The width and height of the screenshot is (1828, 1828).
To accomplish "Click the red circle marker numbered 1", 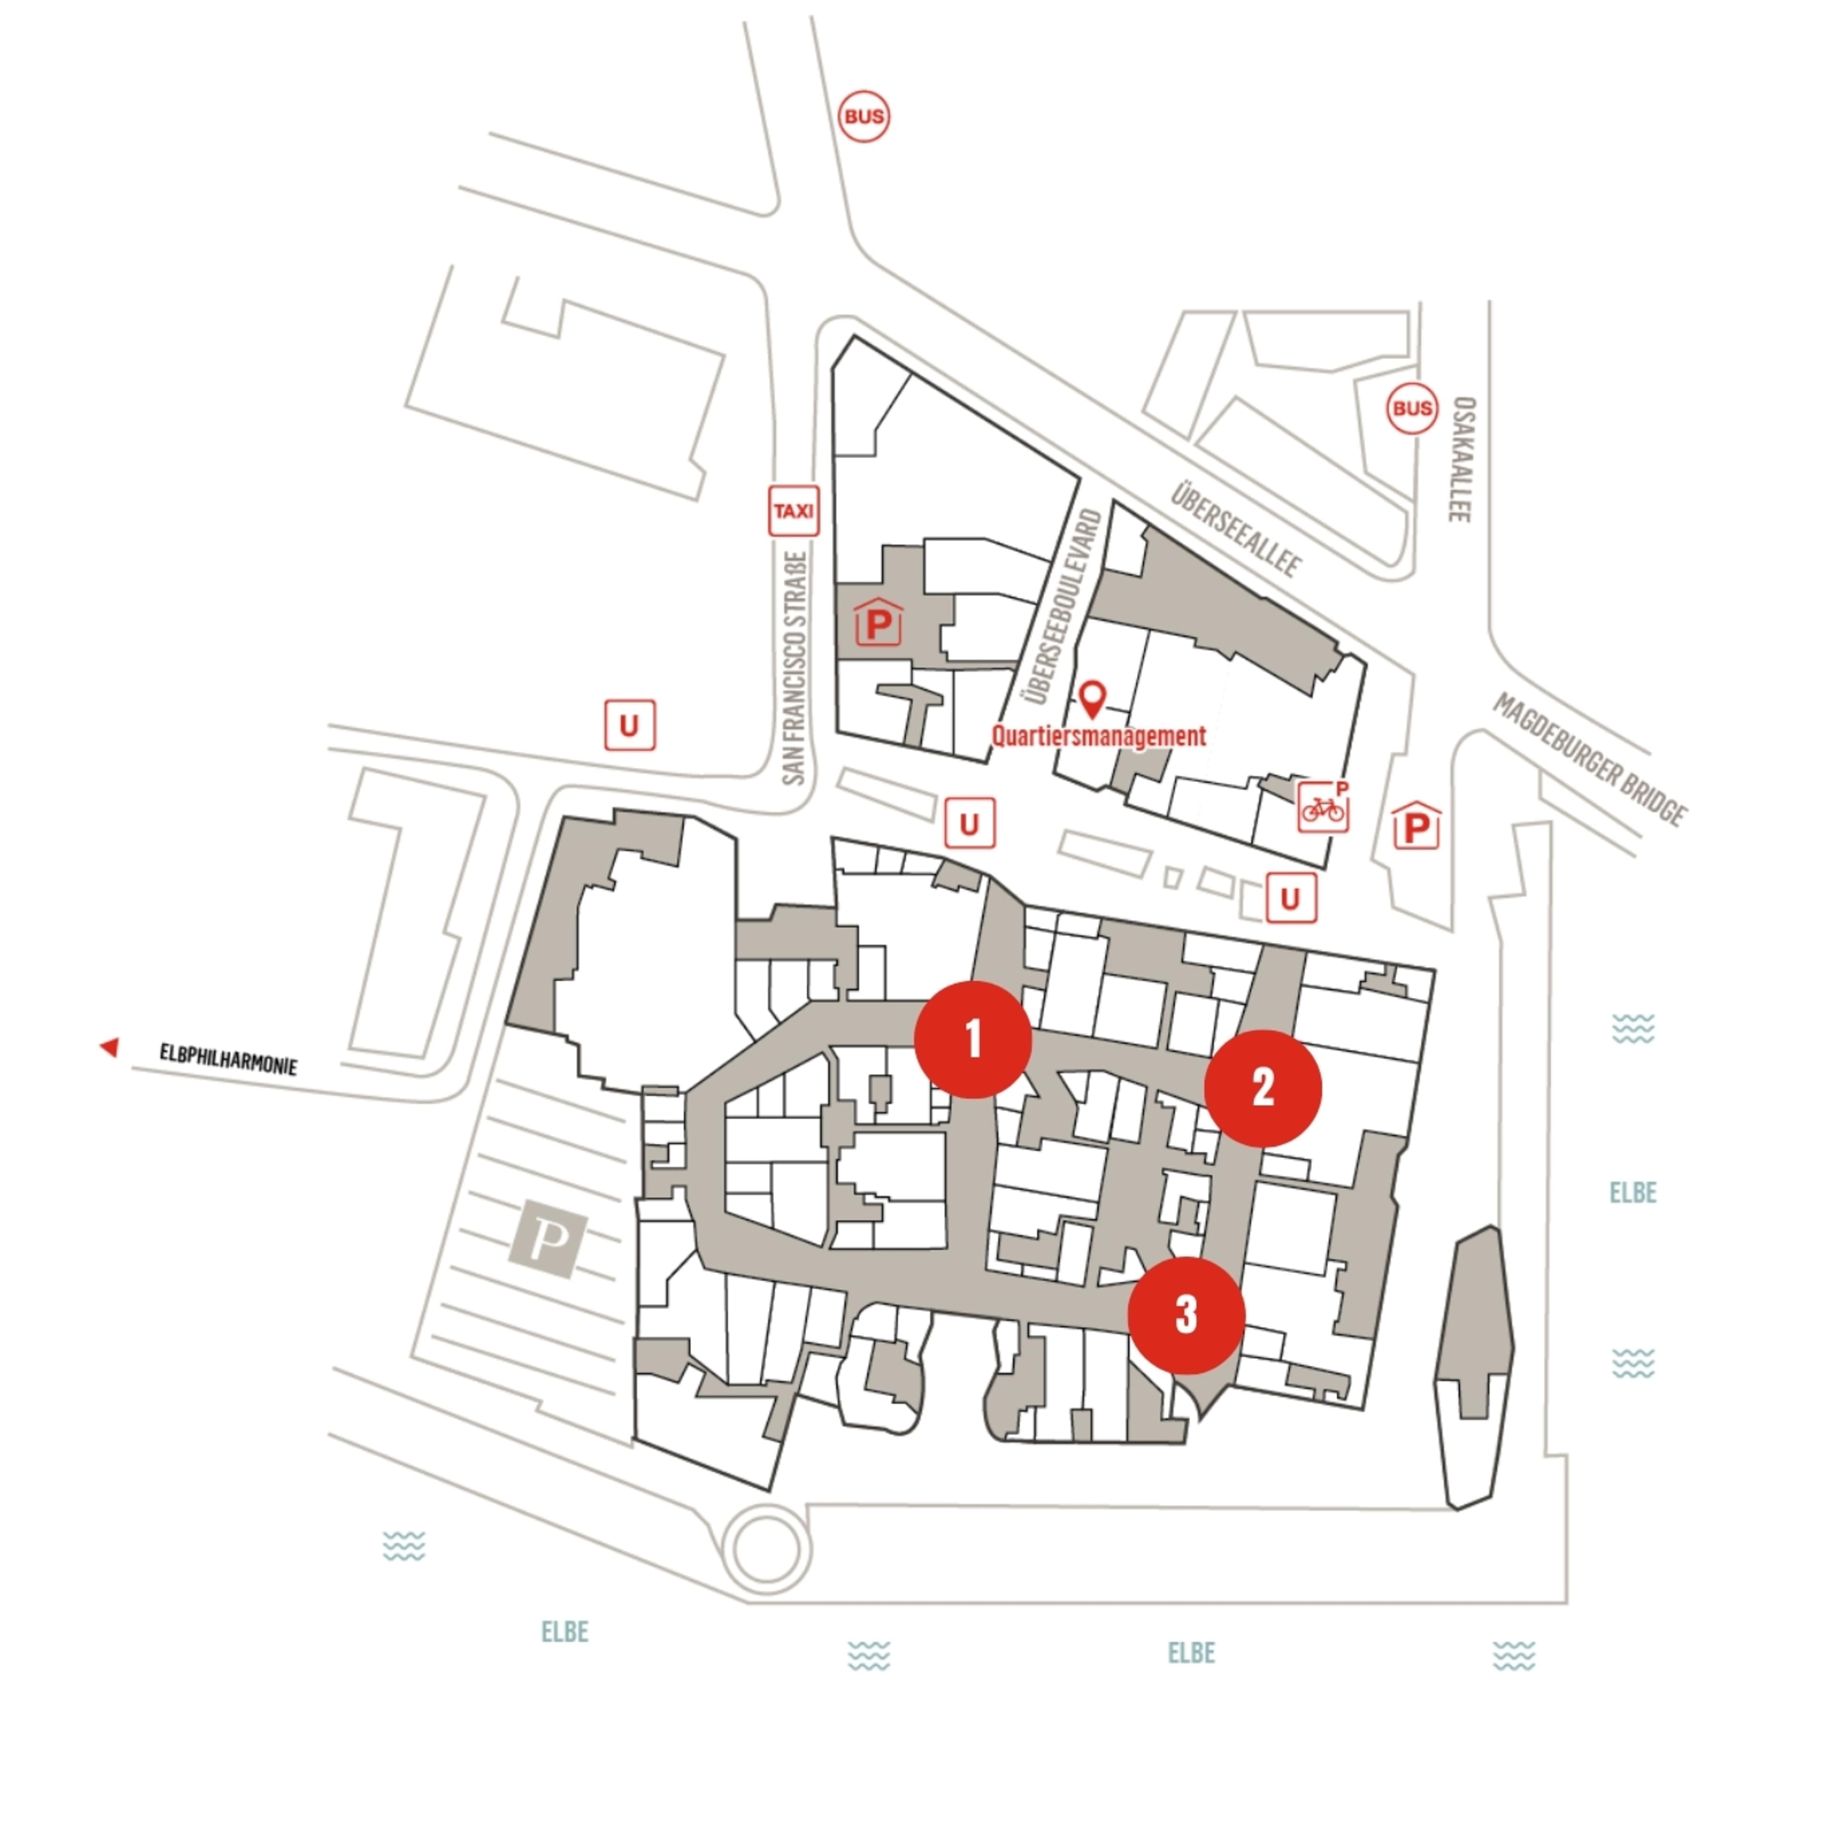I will (973, 1039).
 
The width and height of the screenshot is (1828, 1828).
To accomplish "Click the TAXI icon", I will (793, 511).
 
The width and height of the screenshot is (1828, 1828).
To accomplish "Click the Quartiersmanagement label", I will (1099, 735).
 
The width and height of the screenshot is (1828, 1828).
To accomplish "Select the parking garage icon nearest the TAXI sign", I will (878, 622).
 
